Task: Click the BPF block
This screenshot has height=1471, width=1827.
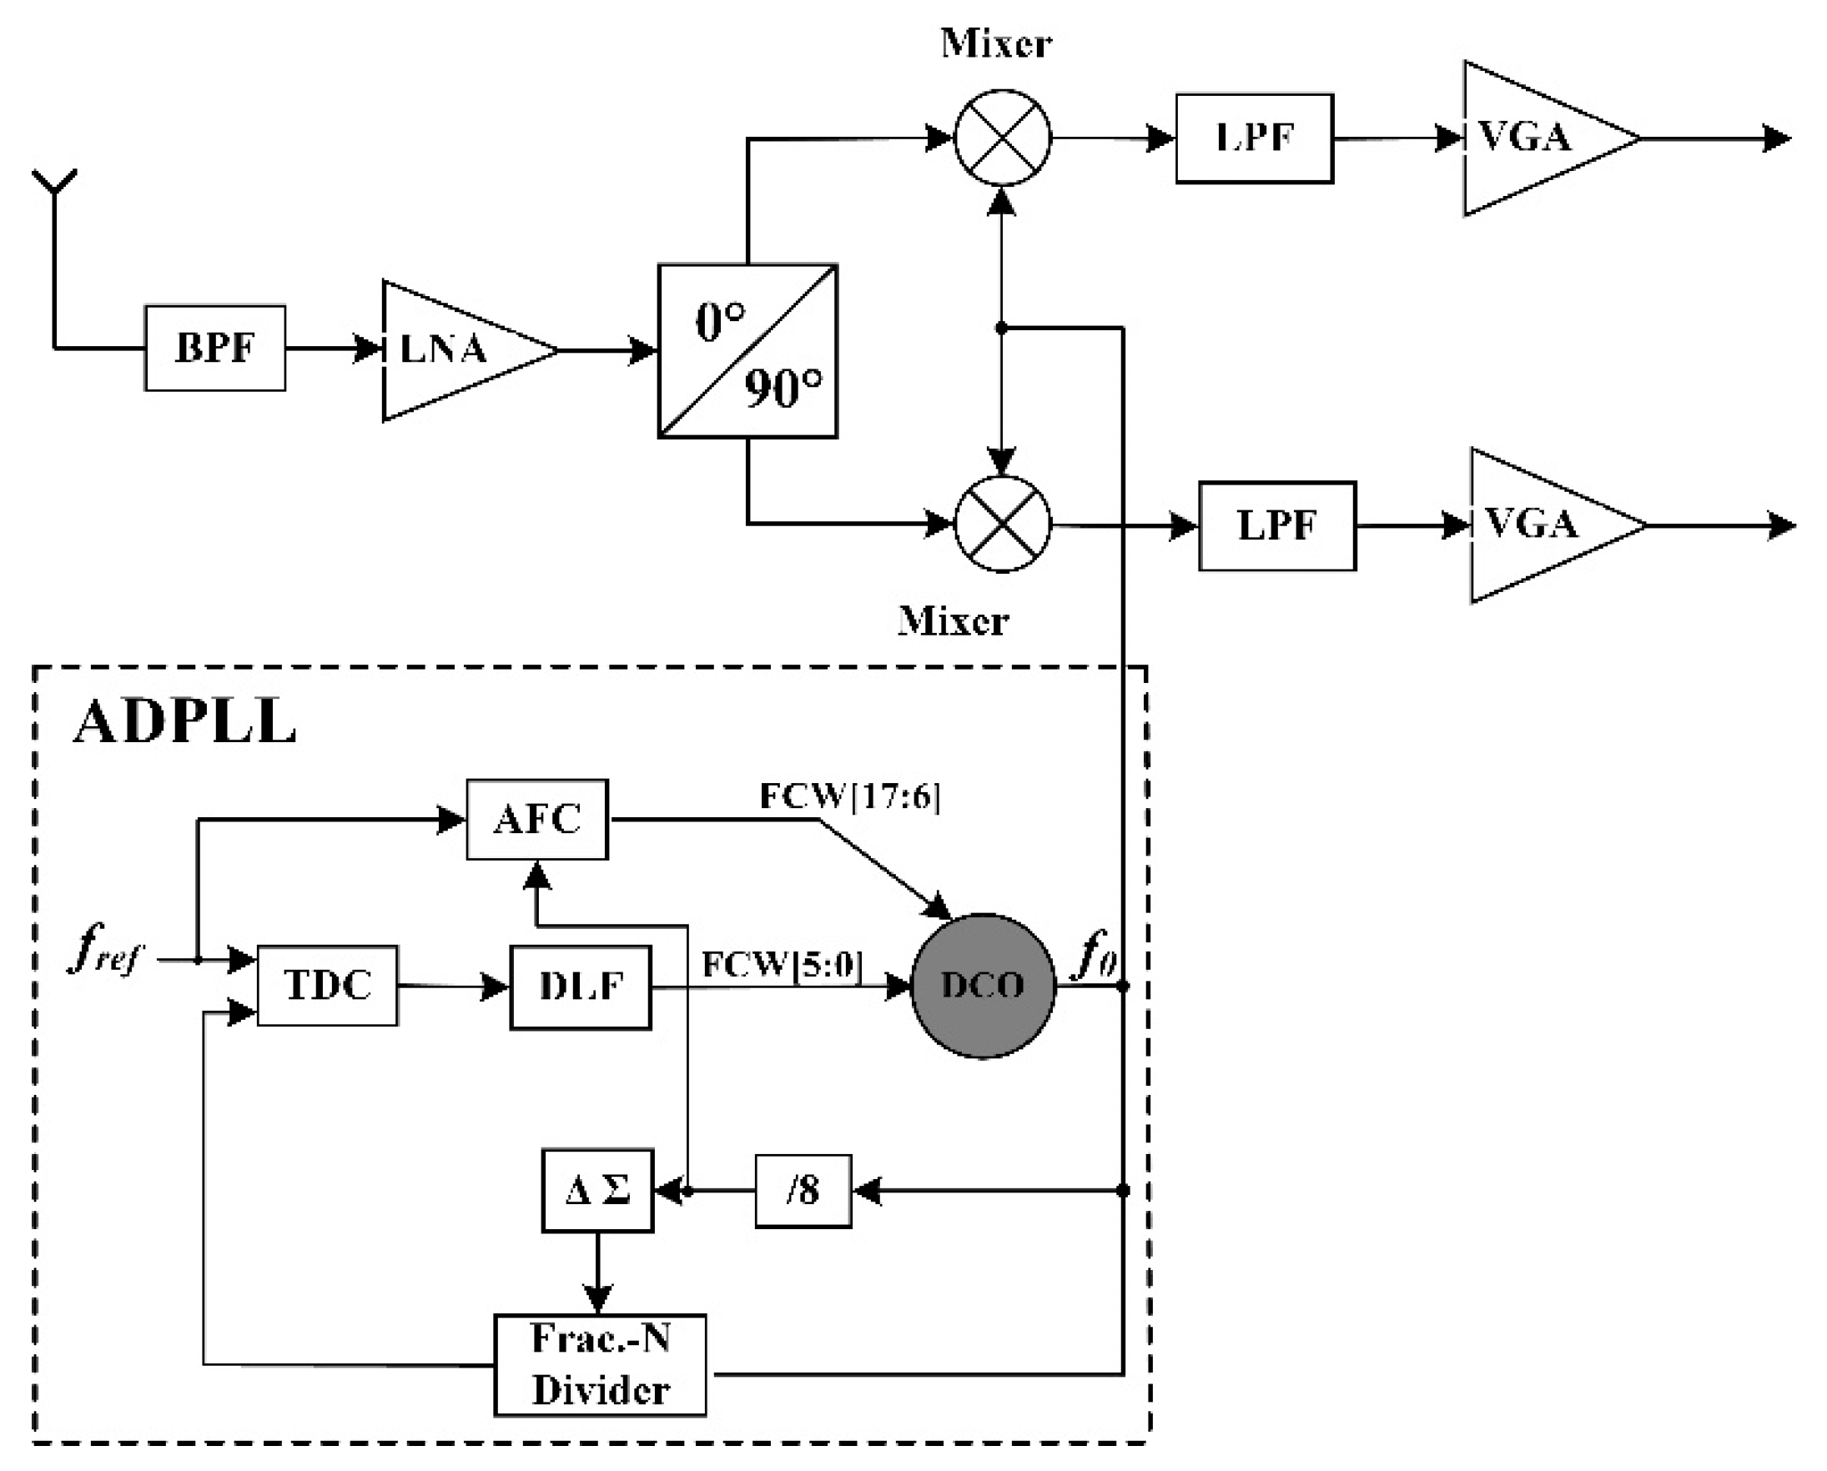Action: [214, 349]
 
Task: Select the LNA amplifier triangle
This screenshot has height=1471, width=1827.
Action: [450, 350]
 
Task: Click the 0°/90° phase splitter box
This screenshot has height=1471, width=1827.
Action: [747, 351]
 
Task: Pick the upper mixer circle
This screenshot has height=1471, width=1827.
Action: [1002, 138]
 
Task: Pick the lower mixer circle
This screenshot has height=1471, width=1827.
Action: [1002, 525]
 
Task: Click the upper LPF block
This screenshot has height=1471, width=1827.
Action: [1254, 138]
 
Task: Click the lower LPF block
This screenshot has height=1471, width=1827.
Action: [1276, 526]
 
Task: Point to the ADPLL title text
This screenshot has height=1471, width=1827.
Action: [185, 723]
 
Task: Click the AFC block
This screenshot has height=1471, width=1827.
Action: [536, 820]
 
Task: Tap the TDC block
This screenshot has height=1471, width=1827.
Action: [327, 986]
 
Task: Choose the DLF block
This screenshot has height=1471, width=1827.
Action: [581, 987]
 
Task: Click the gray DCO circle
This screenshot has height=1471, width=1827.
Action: [983, 986]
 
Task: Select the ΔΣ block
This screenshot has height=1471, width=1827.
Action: [597, 1191]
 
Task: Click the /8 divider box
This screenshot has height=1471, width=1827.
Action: [803, 1192]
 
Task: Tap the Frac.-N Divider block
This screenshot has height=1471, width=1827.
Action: [600, 1365]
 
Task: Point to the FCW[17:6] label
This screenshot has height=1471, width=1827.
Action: [849, 796]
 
